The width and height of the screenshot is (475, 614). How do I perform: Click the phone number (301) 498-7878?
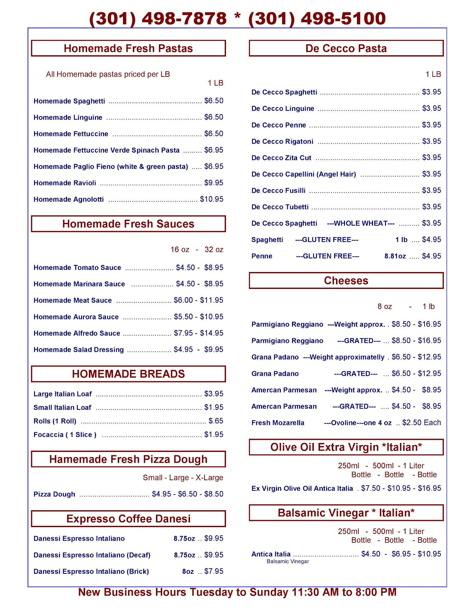[158, 18]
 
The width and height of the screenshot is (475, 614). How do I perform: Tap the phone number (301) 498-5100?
[317, 18]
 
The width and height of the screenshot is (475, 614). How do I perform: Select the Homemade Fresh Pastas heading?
[128, 49]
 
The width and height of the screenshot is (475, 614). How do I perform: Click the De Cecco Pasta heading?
[346, 49]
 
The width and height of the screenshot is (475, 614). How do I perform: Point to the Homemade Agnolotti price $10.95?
[212, 199]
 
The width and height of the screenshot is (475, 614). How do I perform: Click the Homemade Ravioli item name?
[65, 183]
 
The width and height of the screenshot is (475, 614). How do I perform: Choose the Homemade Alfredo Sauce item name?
[77, 333]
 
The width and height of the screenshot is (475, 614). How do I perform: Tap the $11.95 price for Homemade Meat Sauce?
[212, 300]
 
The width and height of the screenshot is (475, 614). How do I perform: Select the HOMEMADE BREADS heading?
[128, 374]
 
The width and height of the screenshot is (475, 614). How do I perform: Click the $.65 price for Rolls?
[216, 421]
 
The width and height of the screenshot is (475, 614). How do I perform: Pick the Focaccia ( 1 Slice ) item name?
[65, 435]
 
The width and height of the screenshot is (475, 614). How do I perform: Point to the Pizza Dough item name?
[54, 494]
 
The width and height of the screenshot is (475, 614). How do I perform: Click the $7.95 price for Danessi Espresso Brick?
[214, 571]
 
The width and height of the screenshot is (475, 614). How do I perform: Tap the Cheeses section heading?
[346, 281]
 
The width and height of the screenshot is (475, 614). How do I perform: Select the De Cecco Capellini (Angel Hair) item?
[303, 174]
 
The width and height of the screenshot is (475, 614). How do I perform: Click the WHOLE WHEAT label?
[361, 223]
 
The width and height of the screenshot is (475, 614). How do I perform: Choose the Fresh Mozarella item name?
[278, 423]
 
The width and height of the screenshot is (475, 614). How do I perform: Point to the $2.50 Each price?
[422, 423]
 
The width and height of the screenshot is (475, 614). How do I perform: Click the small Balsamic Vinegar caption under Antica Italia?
[288, 562]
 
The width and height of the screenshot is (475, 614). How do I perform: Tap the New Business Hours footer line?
[237, 592]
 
